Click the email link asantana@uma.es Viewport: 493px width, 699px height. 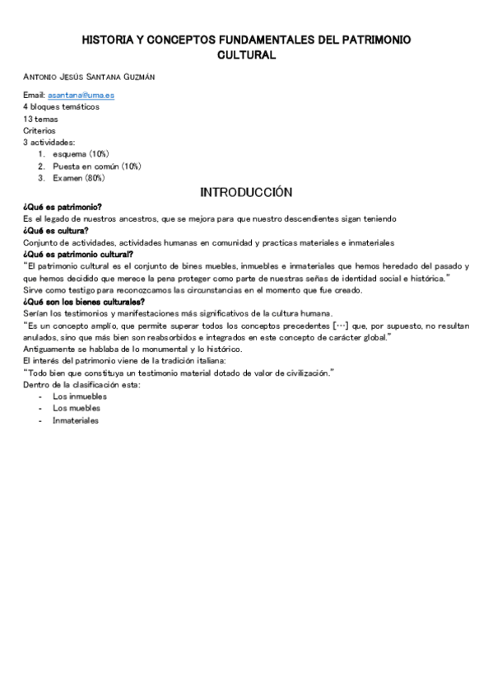(x=81, y=96)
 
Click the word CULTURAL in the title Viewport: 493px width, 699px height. (x=246, y=54)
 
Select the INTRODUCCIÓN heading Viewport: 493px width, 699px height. (x=246, y=192)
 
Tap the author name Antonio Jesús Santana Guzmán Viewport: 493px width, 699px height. (x=89, y=77)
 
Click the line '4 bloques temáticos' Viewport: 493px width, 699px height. (x=61, y=107)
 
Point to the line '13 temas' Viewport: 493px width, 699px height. (x=40, y=119)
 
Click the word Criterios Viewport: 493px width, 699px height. (x=40, y=130)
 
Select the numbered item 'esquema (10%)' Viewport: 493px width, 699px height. (x=81, y=154)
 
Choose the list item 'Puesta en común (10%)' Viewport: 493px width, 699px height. (x=96, y=166)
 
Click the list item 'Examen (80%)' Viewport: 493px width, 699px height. (x=78, y=177)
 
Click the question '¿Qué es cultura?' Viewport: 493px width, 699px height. (x=55, y=231)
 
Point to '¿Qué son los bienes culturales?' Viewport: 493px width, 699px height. (x=84, y=301)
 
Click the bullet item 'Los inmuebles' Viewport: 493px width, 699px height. (x=80, y=396)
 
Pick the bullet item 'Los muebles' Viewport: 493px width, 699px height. (x=76, y=408)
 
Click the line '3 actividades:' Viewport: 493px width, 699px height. (x=49, y=142)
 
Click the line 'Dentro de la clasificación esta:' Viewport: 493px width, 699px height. (x=82, y=384)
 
